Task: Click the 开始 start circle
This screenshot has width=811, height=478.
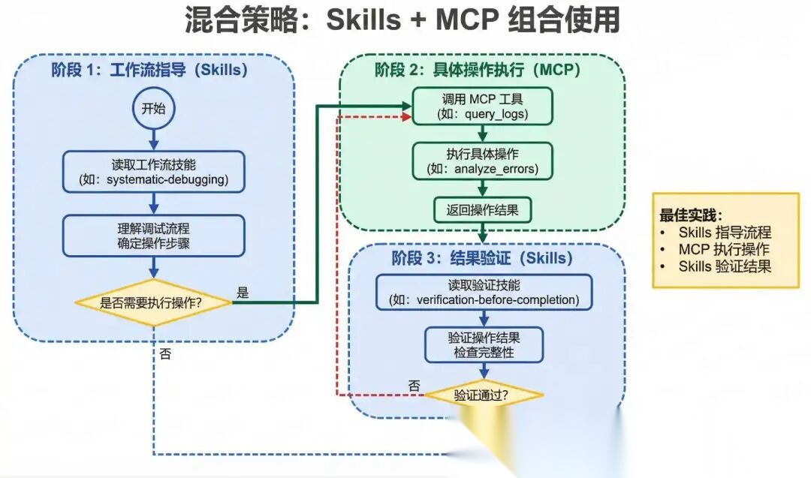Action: (153, 108)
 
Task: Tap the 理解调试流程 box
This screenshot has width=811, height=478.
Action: (153, 235)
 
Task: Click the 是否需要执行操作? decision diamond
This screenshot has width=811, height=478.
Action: (154, 303)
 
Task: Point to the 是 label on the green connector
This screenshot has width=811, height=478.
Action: (243, 293)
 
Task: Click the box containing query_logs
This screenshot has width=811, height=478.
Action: (482, 107)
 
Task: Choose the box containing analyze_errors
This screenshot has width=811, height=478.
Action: (482, 161)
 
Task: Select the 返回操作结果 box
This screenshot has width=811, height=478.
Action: (482, 210)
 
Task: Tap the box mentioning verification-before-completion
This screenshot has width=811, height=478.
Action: (484, 293)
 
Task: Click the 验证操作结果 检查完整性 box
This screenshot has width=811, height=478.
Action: (484, 344)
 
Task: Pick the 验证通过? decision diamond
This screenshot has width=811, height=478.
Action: (484, 395)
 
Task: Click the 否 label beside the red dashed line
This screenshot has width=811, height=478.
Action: (414, 386)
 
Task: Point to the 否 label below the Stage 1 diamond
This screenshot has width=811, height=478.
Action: (165, 354)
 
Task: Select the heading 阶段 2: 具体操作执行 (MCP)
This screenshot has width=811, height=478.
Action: (481, 71)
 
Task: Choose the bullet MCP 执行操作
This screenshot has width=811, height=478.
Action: (724, 249)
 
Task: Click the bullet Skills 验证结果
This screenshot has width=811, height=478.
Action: (724, 266)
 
